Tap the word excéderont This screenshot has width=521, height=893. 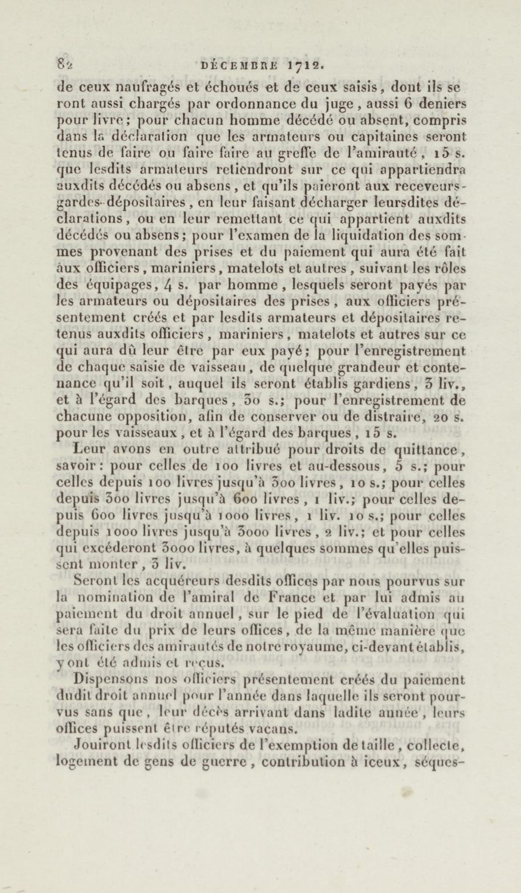[122, 548]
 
